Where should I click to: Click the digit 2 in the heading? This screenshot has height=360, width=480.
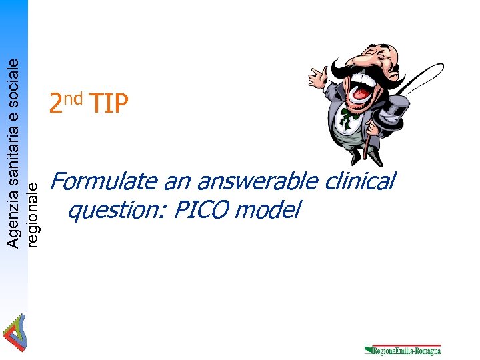coord(56,104)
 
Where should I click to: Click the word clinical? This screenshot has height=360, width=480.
coord(363,181)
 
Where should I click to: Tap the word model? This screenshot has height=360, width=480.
coord(267,211)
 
